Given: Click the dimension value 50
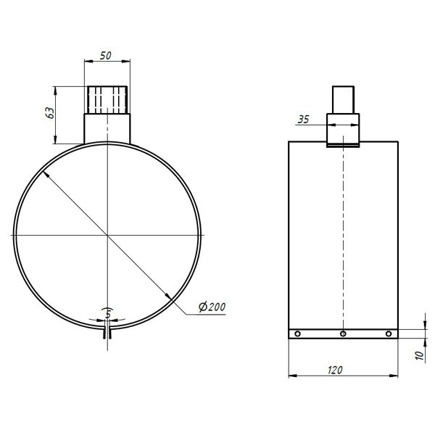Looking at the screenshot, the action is click(105, 56).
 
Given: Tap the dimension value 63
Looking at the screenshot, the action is click(50, 112).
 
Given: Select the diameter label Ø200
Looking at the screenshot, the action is click(212, 307).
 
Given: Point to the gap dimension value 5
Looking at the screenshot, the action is click(108, 315).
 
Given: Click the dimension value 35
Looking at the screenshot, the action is click(303, 120).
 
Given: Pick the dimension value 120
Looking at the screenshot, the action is click(335, 370).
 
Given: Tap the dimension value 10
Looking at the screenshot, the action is click(420, 355).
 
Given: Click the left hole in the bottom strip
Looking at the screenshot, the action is click(297, 333).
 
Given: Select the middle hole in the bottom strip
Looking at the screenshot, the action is click(343, 333).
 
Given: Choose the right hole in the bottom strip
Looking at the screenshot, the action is click(389, 333).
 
